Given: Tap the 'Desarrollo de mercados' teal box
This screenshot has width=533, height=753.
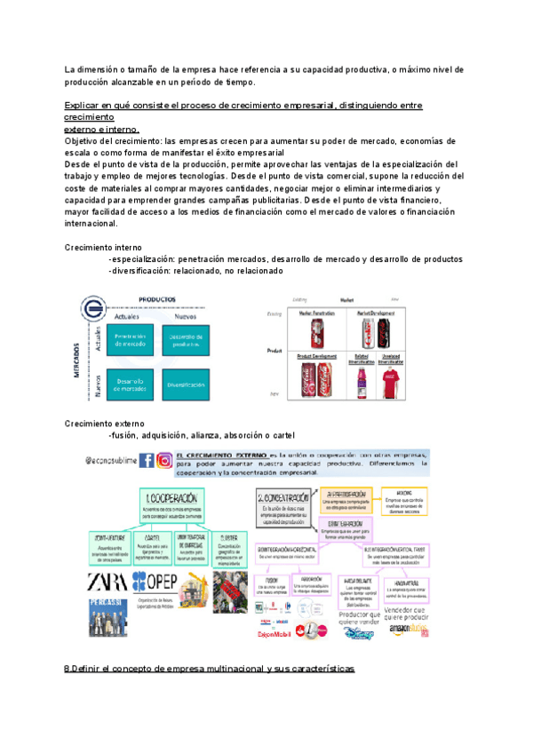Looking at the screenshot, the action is (131, 385).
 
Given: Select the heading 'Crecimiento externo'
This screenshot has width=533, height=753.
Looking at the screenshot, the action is (105, 424).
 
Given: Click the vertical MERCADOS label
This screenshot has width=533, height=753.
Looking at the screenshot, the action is (78, 364).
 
